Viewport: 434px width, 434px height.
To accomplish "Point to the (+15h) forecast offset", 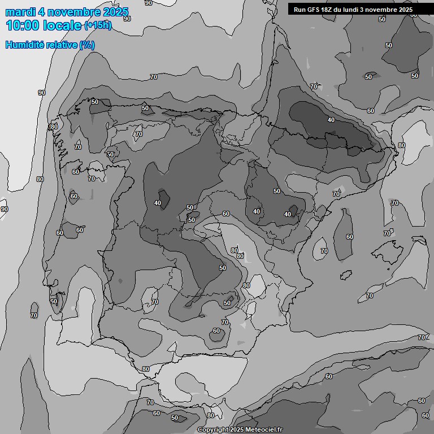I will point(98,25).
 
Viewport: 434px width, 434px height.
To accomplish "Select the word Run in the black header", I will point(300,10).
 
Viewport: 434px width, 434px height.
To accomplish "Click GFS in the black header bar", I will point(314,10).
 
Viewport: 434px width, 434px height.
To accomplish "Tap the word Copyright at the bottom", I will point(212,430).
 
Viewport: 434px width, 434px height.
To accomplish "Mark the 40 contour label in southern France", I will point(331,120).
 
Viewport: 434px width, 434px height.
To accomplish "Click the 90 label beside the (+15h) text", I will point(127,19).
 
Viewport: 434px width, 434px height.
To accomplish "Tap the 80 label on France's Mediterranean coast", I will point(401,145).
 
